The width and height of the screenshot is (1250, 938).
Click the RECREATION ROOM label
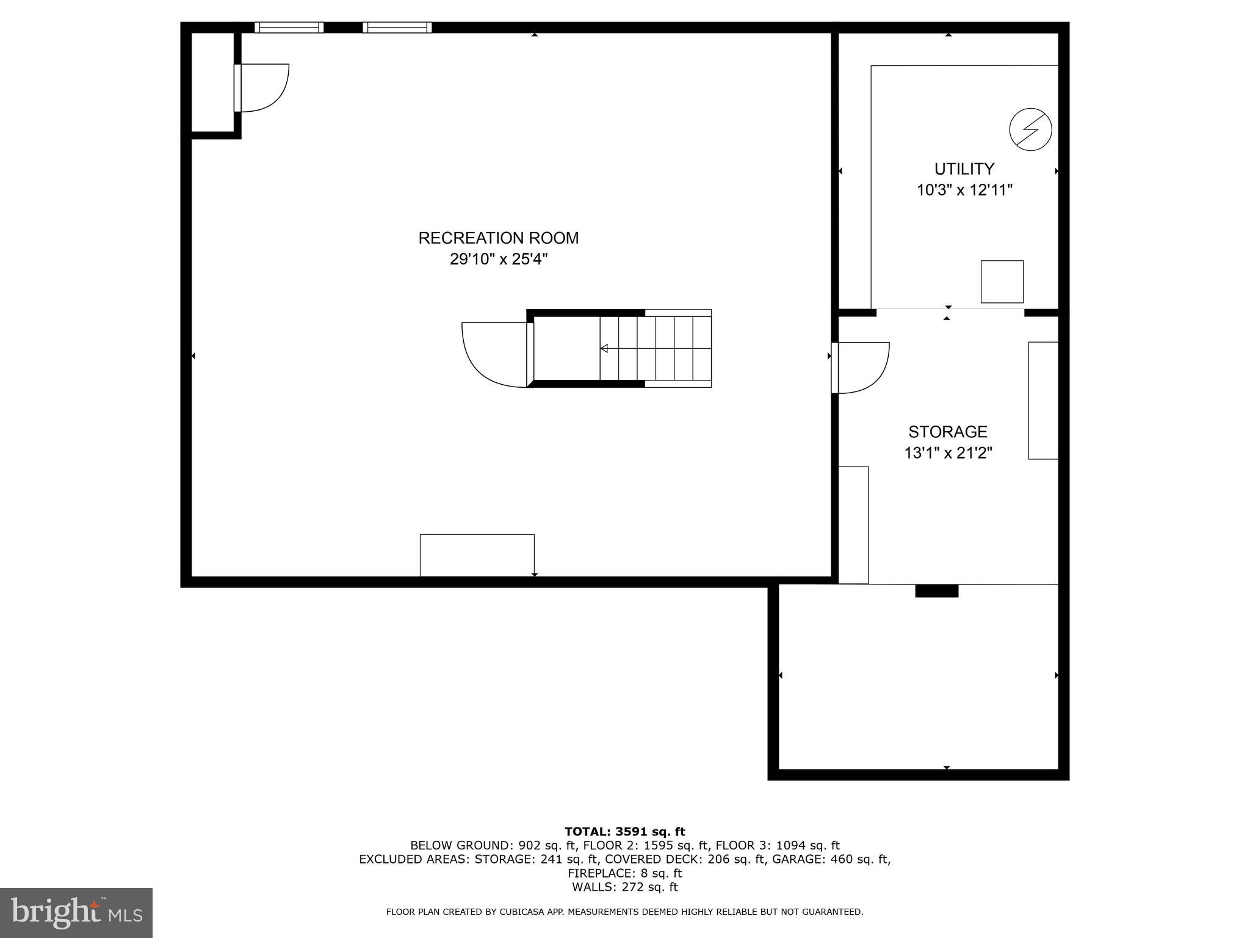point(498,238)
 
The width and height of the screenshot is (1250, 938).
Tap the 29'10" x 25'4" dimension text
point(498,260)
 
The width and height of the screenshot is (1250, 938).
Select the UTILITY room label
point(964,169)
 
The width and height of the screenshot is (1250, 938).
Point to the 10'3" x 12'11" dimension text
point(964,191)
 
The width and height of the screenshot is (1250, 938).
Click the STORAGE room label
point(947,432)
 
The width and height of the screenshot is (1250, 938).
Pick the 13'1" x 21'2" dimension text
point(947,453)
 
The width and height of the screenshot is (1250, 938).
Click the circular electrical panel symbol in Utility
point(1030,130)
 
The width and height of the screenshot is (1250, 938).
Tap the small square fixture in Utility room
point(1002,282)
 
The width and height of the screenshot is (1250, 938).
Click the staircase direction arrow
point(604,349)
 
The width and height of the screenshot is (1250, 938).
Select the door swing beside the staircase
point(493,354)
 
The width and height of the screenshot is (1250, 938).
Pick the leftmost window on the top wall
point(289,27)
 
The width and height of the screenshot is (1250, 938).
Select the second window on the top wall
point(397,27)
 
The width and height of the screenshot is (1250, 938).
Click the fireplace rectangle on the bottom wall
point(477,555)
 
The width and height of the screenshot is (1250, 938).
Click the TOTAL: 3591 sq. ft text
point(624,831)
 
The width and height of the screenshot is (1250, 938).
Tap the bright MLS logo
point(76,912)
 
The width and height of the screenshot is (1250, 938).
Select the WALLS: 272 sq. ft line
point(624,887)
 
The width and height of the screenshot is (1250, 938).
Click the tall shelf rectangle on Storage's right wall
point(1042,401)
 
